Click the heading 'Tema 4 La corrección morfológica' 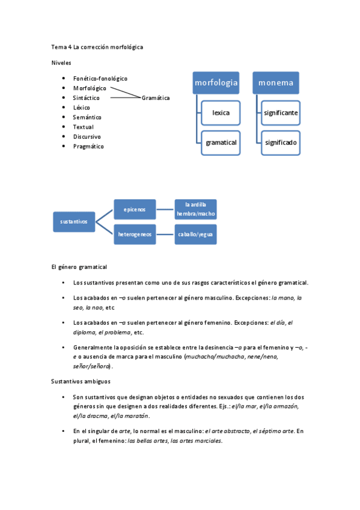[x=97, y=46]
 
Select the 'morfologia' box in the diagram [x=216, y=82]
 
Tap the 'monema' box [x=276, y=82]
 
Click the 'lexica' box [x=221, y=112]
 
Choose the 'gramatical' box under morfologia [x=221, y=143]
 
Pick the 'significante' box [x=280, y=112]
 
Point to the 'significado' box [x=280, y=143]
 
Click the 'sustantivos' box [x=74, y=221]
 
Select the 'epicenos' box [x=135, y=209]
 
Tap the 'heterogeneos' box [x=135, y=234]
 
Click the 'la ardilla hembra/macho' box [x=195, y=209]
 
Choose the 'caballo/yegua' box [x=195, y=234]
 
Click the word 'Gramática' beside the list [x=156, y=98]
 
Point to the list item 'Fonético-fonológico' [x=100, y=78]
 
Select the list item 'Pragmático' [x=88, y=146]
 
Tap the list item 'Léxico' [x=82, y=108]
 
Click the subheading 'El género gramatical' [x=79, y=266]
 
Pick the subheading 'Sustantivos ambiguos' [x=81, y=381]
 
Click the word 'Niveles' [x=61, y=62]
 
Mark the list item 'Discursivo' [x=87, y=137]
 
